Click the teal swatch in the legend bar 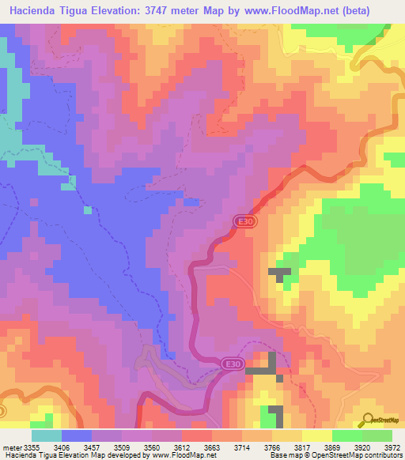(x=46, y=435)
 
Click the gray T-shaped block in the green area (x=278, y=274)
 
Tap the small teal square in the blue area (x=87, y=210)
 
